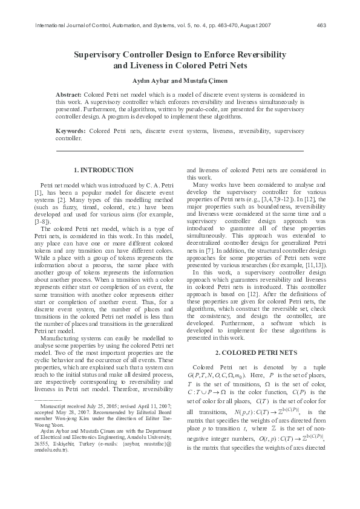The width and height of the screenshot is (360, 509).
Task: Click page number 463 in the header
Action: click(322, 25)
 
